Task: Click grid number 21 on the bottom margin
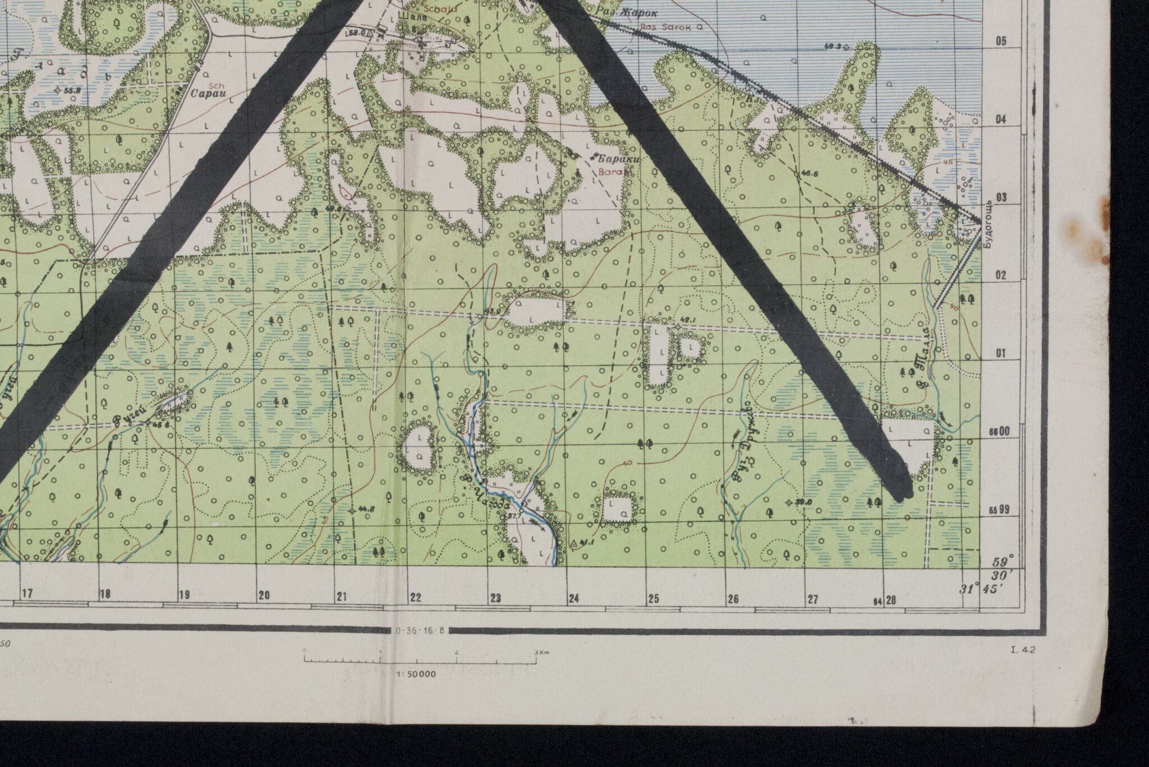click(x=342, y=598)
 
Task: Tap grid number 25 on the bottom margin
click(x=654, y=599)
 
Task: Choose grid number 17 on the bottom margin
click(x=27, y=593)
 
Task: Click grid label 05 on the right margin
click(x=1001, y=41)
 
